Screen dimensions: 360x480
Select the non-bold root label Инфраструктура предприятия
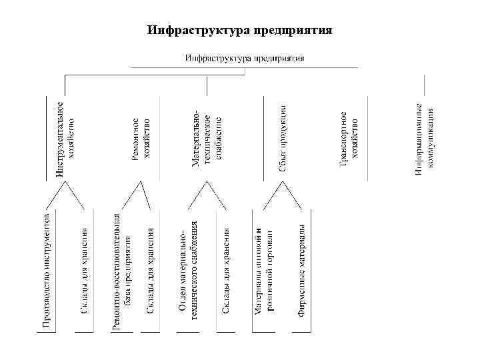click(x=245, y=57)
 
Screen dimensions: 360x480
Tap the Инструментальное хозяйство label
click(x=65, y=139)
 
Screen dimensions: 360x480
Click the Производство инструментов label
click(x=46, y=270)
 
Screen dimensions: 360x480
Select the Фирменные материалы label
click(x=301, y=271)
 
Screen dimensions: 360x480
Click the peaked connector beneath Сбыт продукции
click(x=283, y=196)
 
